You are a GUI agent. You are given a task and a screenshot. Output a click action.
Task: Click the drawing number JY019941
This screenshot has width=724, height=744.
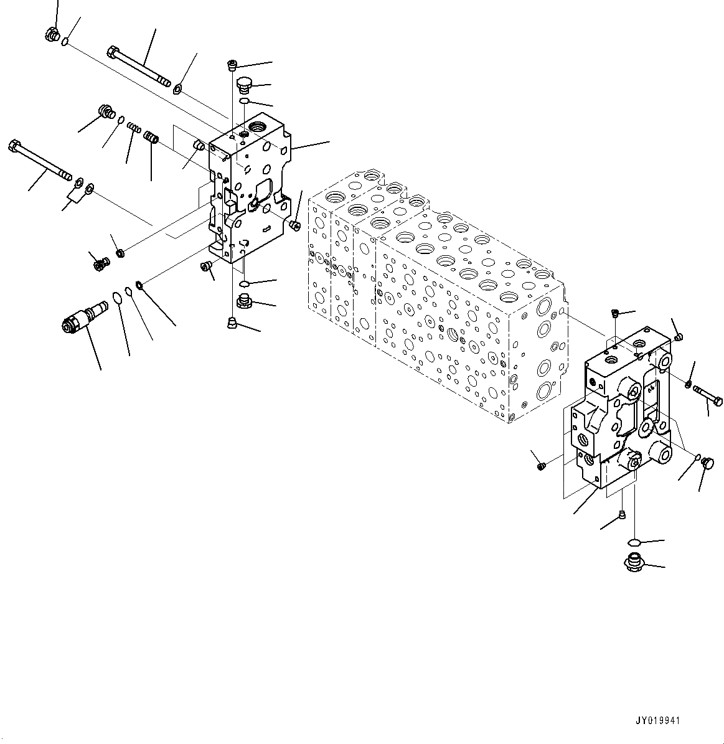point(658,720)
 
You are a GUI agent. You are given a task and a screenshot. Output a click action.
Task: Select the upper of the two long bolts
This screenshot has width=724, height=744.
point(139,65)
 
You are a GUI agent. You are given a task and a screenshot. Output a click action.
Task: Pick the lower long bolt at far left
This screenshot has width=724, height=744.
point(39,159)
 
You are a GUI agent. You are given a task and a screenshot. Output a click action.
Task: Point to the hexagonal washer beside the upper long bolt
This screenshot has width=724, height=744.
point(178,89)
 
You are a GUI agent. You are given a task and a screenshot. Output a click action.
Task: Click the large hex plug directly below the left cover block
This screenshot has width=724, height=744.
point(244,303)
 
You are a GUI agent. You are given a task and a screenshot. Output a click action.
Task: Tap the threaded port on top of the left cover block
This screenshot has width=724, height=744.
point(256,129)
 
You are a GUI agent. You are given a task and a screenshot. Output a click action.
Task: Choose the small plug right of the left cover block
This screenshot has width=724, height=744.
point(295,224)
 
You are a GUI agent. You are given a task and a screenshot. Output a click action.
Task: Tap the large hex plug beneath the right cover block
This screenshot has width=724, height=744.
point(633,563)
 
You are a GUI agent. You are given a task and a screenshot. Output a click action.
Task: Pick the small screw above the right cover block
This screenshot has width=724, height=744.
point(614,313)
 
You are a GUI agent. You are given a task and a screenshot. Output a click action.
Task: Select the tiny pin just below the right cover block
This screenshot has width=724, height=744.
point(621,514)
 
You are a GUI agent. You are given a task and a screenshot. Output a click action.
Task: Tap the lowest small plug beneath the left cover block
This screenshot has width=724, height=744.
point(232,322)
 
